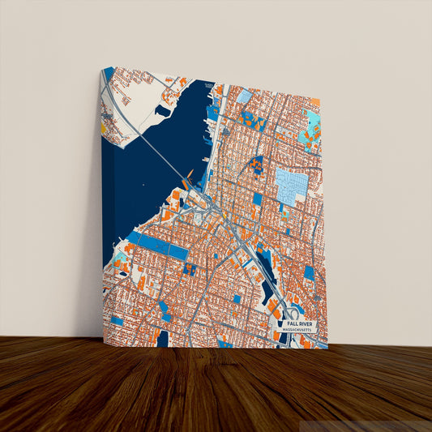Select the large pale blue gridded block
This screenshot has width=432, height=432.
(x=291, y=184)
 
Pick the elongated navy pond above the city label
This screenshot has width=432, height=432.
(x=268, y=280)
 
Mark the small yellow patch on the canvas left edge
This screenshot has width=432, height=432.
(x=104, y=127)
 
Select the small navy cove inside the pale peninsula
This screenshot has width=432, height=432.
(x=167, y=110)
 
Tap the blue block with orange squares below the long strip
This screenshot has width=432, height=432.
(x=191, y=268)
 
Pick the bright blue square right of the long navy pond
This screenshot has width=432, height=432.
(x=308, y=273)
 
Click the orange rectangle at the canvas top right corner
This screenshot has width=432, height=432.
(x=315, y=103)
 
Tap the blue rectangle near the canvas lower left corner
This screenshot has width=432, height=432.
(x=117, y=321)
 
